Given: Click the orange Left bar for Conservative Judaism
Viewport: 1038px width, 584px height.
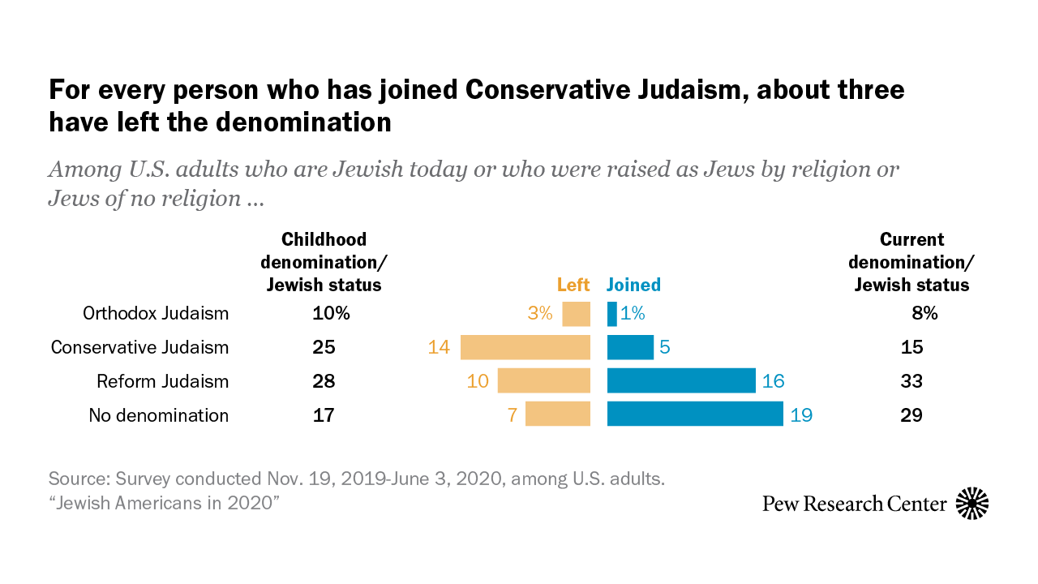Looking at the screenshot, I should point(525,347).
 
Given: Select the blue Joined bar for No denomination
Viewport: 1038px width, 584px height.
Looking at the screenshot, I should point(695,414).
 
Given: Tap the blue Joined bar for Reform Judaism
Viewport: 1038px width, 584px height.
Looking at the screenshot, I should point(681,381).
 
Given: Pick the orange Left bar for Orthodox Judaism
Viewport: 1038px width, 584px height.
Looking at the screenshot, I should point(576,314).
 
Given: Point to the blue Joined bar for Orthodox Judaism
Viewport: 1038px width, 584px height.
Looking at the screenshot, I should point(612,314).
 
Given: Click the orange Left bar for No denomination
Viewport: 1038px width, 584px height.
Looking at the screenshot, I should point(558,414).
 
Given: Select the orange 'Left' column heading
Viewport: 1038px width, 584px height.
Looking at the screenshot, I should point(573,285).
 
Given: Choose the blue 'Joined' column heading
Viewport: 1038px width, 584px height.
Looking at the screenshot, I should point(634,285).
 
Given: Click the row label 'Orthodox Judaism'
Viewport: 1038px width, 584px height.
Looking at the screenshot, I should point(156,313).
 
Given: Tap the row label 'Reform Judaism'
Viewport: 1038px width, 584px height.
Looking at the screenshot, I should point(162,381).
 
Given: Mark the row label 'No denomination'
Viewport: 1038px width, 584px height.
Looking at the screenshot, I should point(158,415).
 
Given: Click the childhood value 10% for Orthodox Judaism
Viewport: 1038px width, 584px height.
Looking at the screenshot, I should point(331,313).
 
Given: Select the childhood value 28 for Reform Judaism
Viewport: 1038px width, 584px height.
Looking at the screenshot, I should point(324,381).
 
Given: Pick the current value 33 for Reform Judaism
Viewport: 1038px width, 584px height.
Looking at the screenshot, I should point(911,381).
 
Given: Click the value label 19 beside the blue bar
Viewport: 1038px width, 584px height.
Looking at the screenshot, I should point(800,415).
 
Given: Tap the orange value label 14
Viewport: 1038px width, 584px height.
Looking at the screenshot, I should point(440,347).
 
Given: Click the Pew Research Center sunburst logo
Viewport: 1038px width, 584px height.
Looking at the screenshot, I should point(972,504).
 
